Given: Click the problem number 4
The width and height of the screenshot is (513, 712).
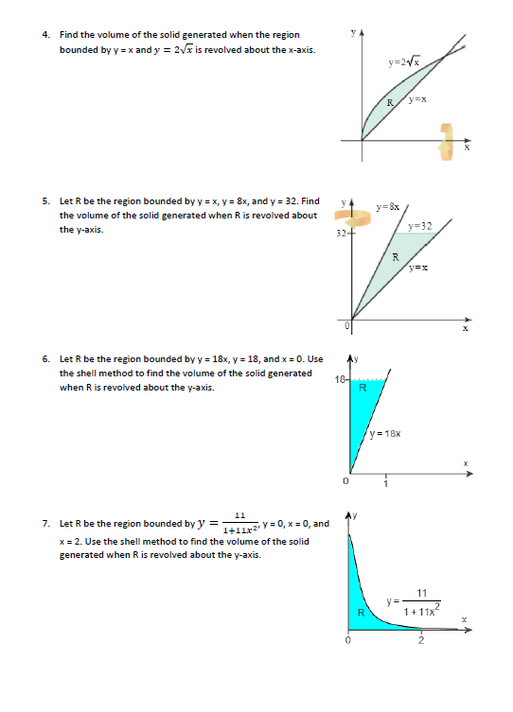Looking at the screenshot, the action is coord(45,35).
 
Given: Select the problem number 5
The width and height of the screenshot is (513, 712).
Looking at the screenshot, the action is coord(45,201).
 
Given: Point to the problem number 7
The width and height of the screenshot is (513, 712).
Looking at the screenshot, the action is coord(45,523).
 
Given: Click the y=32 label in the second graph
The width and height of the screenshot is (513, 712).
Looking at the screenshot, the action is coord(421,226).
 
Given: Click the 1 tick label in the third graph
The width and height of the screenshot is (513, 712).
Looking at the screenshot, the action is coord(385,486).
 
